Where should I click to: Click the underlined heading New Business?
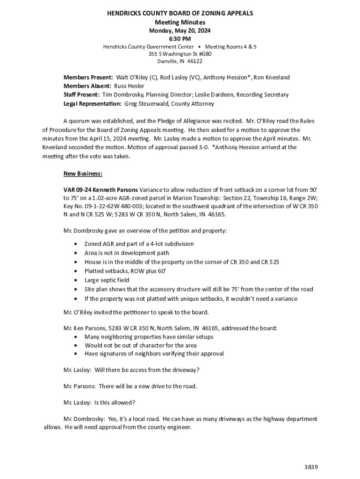point(83,174)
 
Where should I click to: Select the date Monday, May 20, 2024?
point(180,30)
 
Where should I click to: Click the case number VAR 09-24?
point(77,190)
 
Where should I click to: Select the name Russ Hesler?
point(130,86)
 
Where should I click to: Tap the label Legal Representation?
point(93,103)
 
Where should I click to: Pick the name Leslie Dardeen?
point(214,95)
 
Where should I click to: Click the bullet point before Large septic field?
point(76,281)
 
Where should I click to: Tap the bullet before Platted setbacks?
point(76,271)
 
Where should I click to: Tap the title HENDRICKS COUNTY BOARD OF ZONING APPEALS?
point(180,14)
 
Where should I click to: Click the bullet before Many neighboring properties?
point(76,337)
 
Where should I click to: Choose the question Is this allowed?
point(115,403)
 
